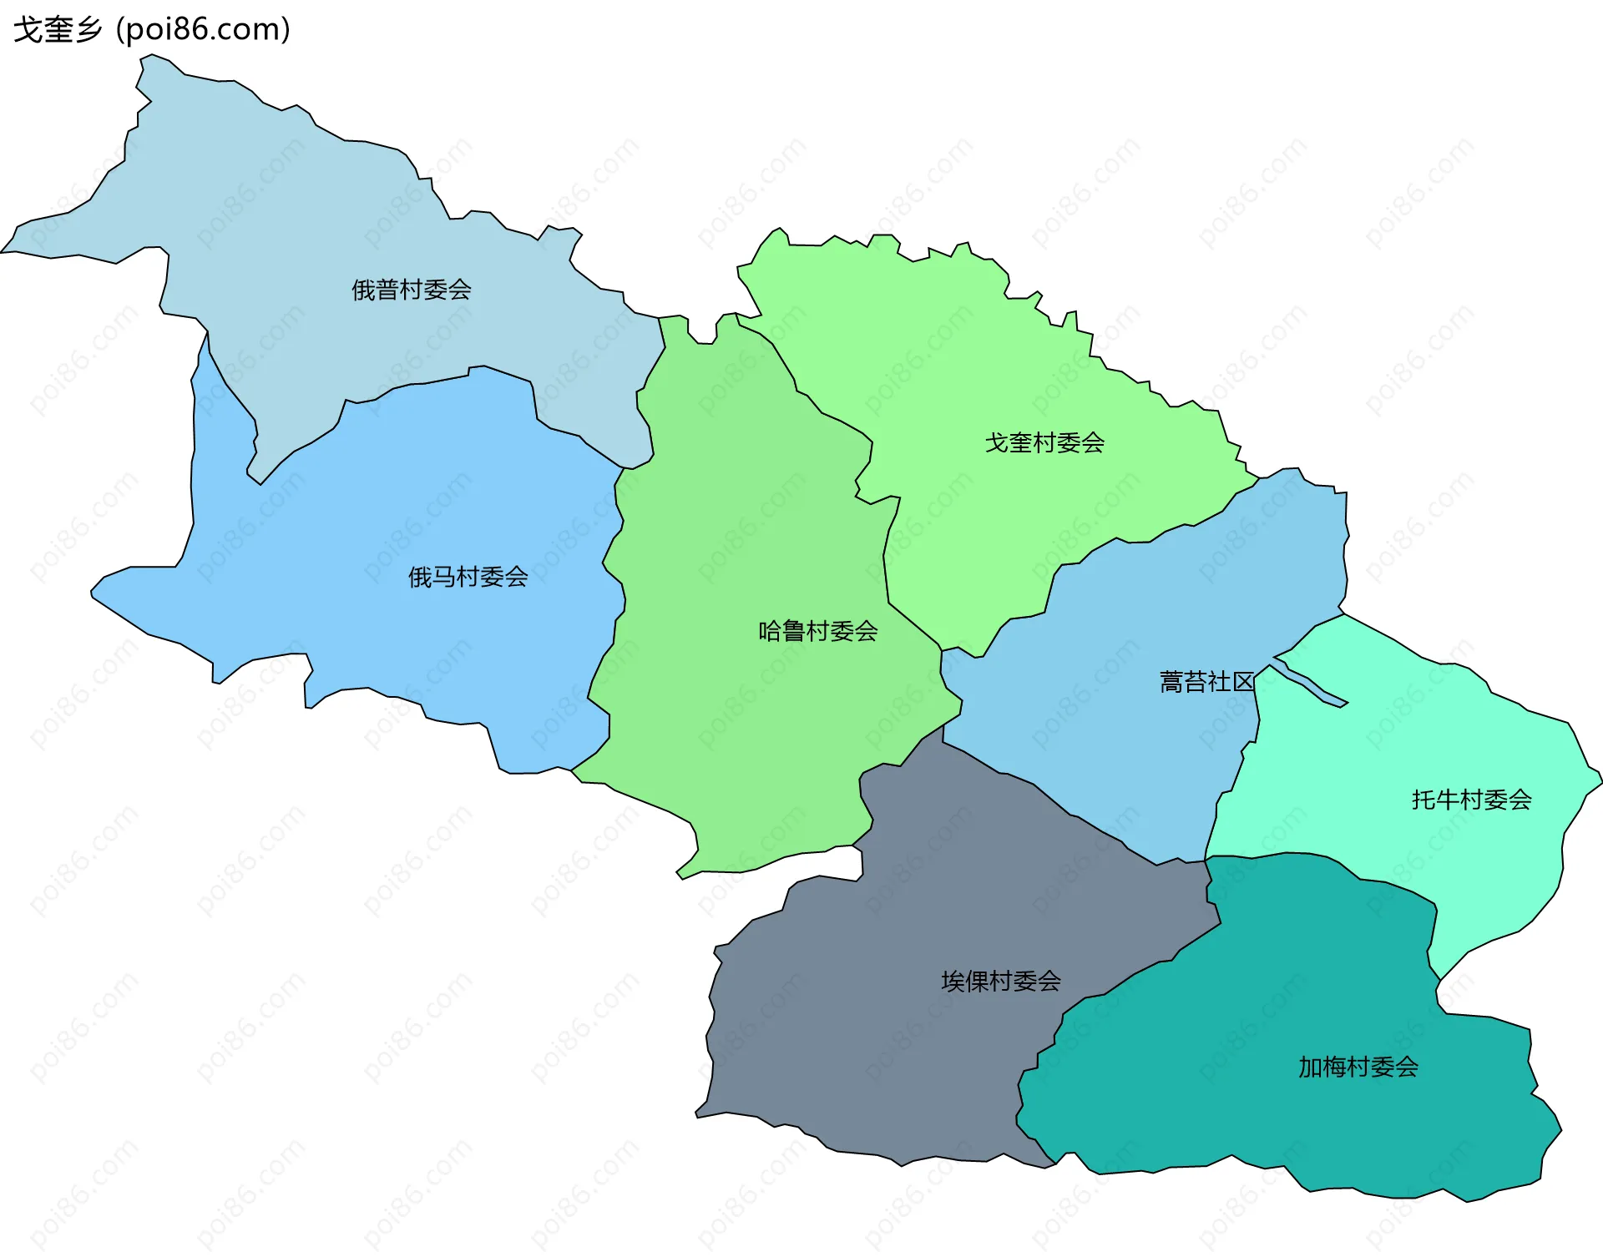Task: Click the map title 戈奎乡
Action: (x=57, y=30)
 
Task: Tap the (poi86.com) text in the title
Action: (x=204, y=30)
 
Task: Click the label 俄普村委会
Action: (x=411, y=290)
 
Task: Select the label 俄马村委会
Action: (x=468, y=577)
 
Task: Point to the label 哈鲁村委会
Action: (x=817, y=632)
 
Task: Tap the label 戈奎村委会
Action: (x=1044, y=443)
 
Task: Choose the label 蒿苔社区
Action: (x=1206, y=683)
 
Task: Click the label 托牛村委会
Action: (x=1471, y=800)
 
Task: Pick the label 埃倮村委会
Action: (x=1001, y=982)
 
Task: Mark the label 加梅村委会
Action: (x=1358, y=1068)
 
